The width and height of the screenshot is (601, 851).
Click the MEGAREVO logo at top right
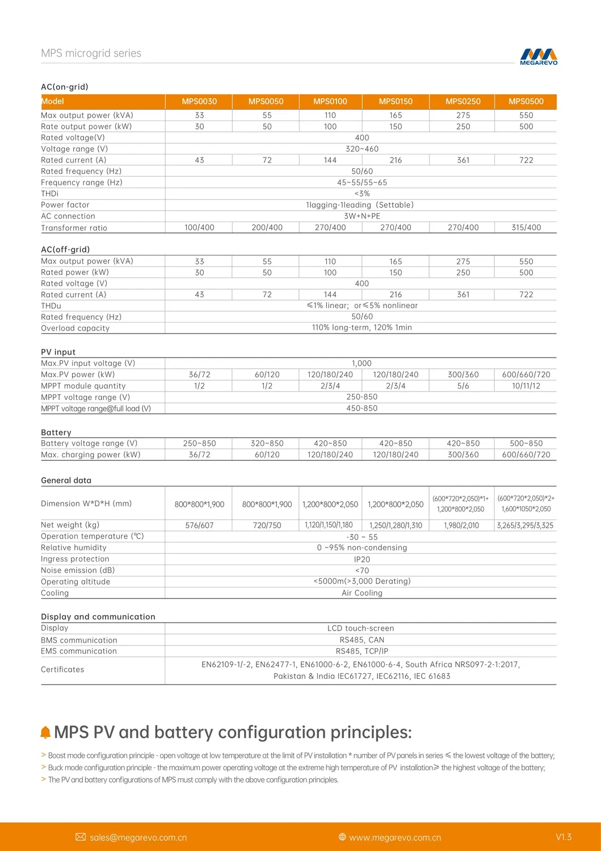[x=539, y=56]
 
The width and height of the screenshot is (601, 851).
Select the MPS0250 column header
[x=463, y=102]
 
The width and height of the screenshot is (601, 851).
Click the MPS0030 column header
[x=199, y=102]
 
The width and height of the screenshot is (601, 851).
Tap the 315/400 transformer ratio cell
[x=526, y=227]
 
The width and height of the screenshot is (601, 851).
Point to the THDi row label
[x=50, y=194]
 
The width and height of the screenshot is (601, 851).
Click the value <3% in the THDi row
[x=362, y=194]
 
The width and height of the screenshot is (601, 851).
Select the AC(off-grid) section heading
[x=65, y=249]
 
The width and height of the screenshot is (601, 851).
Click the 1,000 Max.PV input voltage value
[x=362, y=364]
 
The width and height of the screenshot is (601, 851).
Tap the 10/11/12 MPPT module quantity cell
[x=526, y=386]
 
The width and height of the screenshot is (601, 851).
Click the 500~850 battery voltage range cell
[x=526, y=443]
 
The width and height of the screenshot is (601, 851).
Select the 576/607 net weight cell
[x=199, y=525]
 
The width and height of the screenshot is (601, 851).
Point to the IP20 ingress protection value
[x=362, y=560]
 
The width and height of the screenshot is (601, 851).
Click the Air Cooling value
[x=362, y=593]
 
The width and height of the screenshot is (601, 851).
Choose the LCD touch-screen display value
[x=360, y=628]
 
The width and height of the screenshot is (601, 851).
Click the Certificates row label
[x=62, y=670]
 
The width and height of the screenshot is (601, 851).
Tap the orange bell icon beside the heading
[x=45, y=733]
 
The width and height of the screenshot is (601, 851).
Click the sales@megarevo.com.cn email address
[x=138, y=837]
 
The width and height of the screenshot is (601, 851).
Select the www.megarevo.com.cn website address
[x=395, y=837]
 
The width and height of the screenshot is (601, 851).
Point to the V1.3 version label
[x=564, y=837]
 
